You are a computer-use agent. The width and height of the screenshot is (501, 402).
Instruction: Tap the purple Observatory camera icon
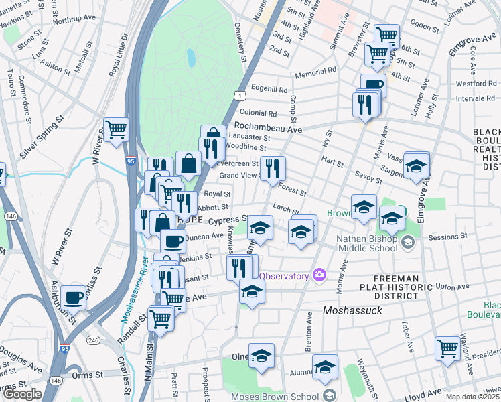pos(319,275)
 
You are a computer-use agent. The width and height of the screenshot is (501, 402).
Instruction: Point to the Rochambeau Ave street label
pos(267,127)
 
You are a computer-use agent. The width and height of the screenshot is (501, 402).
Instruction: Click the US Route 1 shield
pos(238,97)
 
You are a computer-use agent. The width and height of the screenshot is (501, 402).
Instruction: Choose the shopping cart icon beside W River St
pos(117,129)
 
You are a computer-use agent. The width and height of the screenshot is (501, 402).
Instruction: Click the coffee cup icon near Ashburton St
pos(73,296)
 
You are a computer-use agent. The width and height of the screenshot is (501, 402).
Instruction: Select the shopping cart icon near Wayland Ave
pos(447,347)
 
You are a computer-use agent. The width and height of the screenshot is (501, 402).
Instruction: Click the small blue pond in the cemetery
pos(191,58)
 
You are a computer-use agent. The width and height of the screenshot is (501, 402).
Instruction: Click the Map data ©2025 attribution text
pos(473,397)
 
